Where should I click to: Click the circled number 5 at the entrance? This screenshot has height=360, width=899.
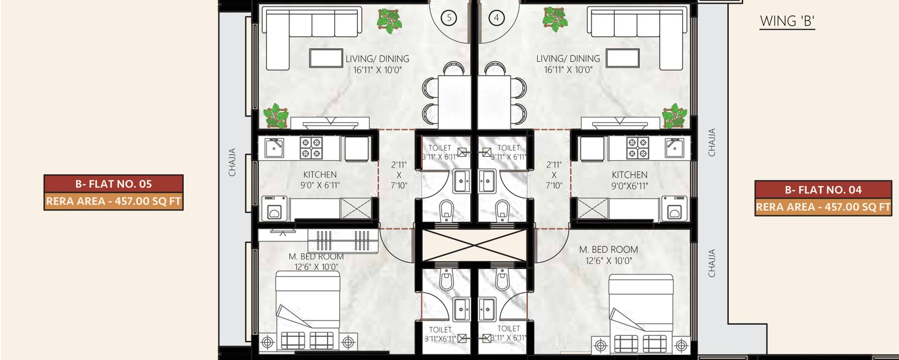click(449, 18)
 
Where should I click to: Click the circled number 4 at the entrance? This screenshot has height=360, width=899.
click(497, 18)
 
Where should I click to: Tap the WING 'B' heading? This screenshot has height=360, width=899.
click(787, 21)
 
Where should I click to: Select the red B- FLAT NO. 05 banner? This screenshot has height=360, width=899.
click(113, 184)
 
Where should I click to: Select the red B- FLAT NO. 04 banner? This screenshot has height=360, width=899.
click(823, 190)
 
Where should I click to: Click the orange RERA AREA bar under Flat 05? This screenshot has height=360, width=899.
click(113, 201)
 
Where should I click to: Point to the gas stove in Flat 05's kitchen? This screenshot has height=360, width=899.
click(311, 147)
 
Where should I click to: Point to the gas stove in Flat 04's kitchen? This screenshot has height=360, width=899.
click(637, 147)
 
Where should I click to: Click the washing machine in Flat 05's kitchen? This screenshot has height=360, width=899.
click(274, 209)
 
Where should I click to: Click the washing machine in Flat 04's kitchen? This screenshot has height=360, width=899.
click(675, 209)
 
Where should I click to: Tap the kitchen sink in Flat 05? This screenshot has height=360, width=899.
click(274, 148)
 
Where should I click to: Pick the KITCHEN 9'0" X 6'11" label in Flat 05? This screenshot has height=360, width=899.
click(320, 180)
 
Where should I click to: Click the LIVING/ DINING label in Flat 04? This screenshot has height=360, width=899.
click(568, 64)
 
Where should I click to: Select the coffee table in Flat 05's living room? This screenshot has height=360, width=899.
click(326, 58)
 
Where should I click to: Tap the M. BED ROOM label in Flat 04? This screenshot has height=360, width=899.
click(609, 255)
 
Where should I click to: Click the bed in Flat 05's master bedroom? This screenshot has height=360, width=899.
click(308, 311)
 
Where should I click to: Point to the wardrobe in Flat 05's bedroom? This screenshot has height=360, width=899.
click(343, 240)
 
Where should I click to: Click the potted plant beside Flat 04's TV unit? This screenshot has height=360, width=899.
click(674, 116)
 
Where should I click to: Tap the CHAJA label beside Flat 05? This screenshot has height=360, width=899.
click(232, 162)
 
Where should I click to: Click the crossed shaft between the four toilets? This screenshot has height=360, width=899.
click(474, 245)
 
